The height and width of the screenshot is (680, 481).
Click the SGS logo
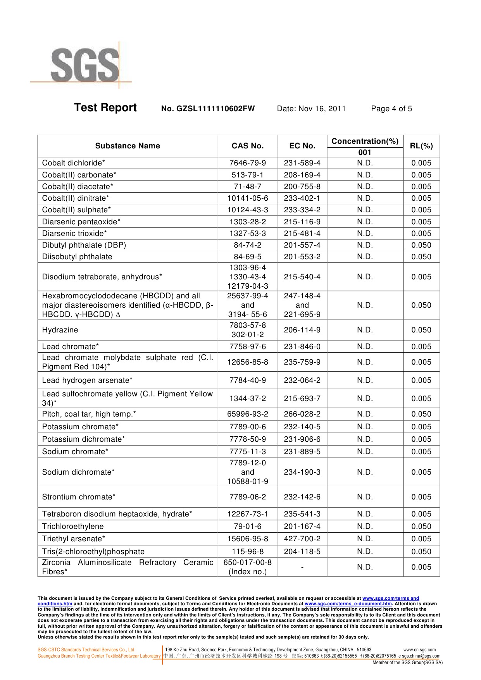coord(84,65)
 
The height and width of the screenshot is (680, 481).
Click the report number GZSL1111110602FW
coord(208,109)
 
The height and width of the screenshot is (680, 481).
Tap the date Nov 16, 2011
coord(311,109)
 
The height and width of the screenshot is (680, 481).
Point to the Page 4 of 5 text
coord(391,109)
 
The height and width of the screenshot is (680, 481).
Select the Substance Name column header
coord(128,146)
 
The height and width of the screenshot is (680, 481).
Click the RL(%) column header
coord(421,146)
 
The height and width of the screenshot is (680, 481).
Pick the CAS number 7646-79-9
coord(247,163)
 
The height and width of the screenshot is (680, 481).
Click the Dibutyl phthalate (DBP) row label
coord(84,245)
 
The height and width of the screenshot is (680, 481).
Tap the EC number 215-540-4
coord(302,277)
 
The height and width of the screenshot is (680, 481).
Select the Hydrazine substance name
coord(60,330)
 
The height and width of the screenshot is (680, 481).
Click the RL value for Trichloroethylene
coord(421,527)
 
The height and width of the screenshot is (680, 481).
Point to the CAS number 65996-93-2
coord(247,414)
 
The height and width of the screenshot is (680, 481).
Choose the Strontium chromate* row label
coord(79,497)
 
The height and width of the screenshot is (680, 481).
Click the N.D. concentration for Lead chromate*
coord(365,347)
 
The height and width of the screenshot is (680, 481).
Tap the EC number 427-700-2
coord(302,539)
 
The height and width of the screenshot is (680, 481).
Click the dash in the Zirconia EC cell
coord(302,567)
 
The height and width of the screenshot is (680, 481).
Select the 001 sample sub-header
coord(365,153)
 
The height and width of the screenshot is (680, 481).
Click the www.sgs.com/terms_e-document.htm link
coord(348,604)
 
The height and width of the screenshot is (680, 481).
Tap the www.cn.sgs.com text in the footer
coord(419,650)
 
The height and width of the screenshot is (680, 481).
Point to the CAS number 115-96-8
coord(247,552)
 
